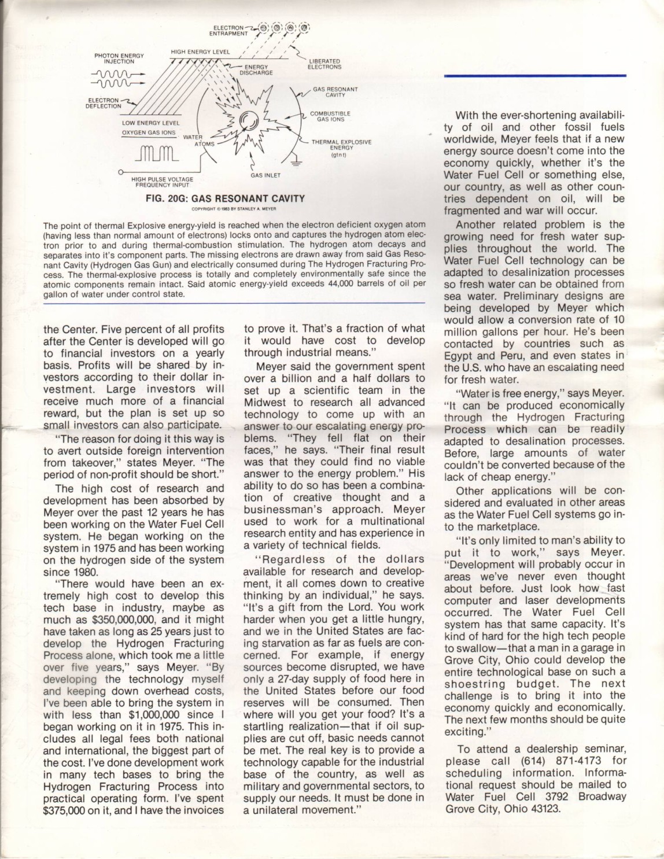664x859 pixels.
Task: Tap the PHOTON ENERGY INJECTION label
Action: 119,58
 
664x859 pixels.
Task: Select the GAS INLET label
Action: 265,175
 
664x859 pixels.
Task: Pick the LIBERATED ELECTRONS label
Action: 324,64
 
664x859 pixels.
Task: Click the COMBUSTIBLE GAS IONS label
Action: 330,116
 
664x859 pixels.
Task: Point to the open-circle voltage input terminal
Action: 120,172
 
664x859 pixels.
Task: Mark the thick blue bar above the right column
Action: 535,75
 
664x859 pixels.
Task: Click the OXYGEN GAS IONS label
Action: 149,132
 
